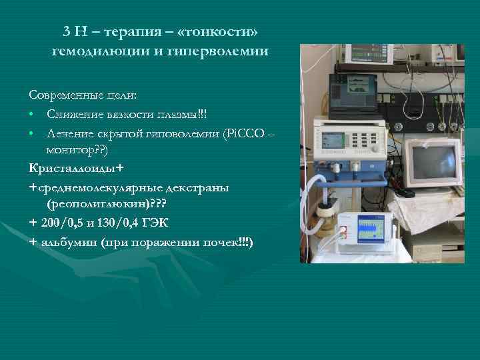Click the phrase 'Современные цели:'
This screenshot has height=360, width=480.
pyautogui.click(x=83, y=95)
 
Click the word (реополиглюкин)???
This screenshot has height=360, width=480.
pyautogui.click(x=101, y=204)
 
